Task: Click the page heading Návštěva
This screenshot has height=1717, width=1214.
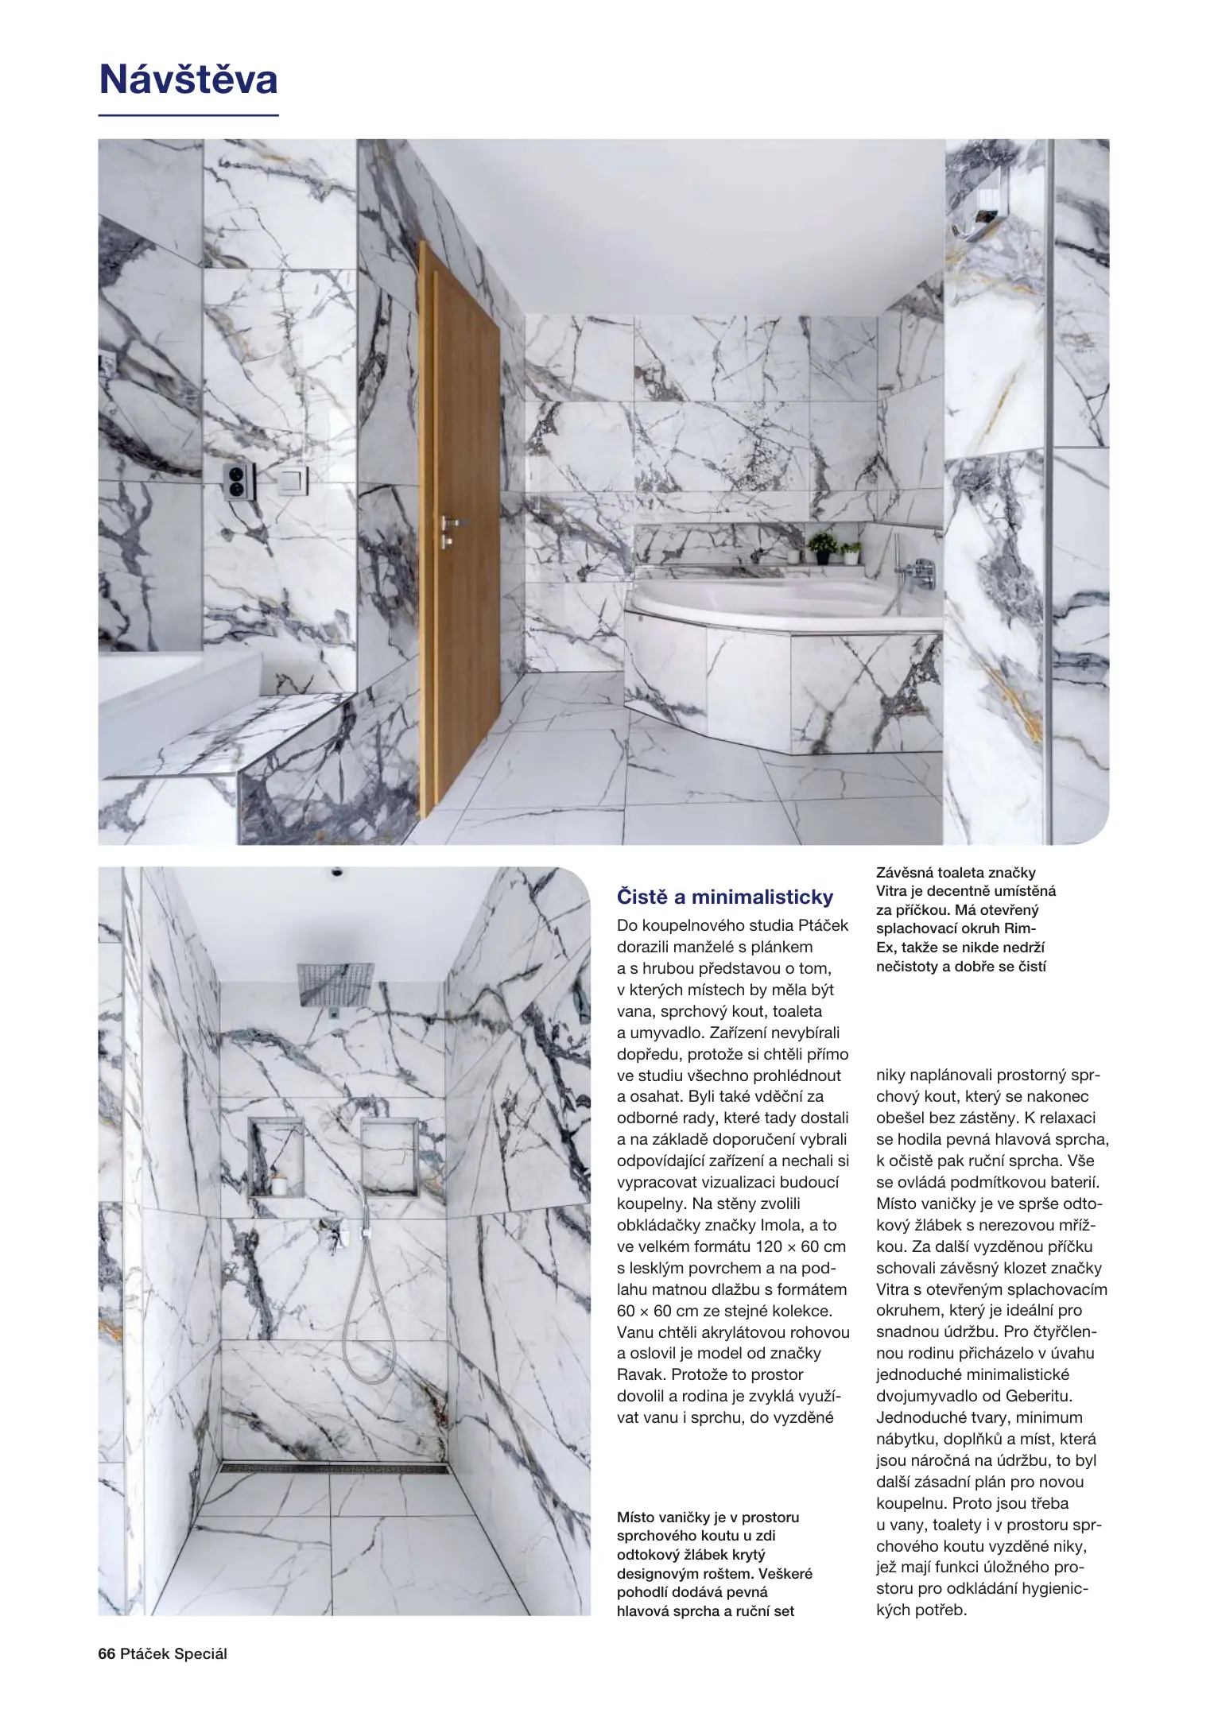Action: point(188,80)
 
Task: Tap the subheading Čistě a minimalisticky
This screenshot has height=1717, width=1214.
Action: point(725,897)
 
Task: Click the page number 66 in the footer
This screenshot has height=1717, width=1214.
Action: point(107,1653)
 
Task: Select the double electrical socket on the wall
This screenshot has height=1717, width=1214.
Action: point(239,481)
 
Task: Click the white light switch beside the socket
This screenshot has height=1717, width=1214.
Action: point(292,479)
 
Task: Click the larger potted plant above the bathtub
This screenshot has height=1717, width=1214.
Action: point(822,546)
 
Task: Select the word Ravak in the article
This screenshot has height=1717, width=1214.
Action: point(642,1374)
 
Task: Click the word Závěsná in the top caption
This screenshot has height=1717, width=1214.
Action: point(905,873)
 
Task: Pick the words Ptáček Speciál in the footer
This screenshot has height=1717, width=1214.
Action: point(173,1653)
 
